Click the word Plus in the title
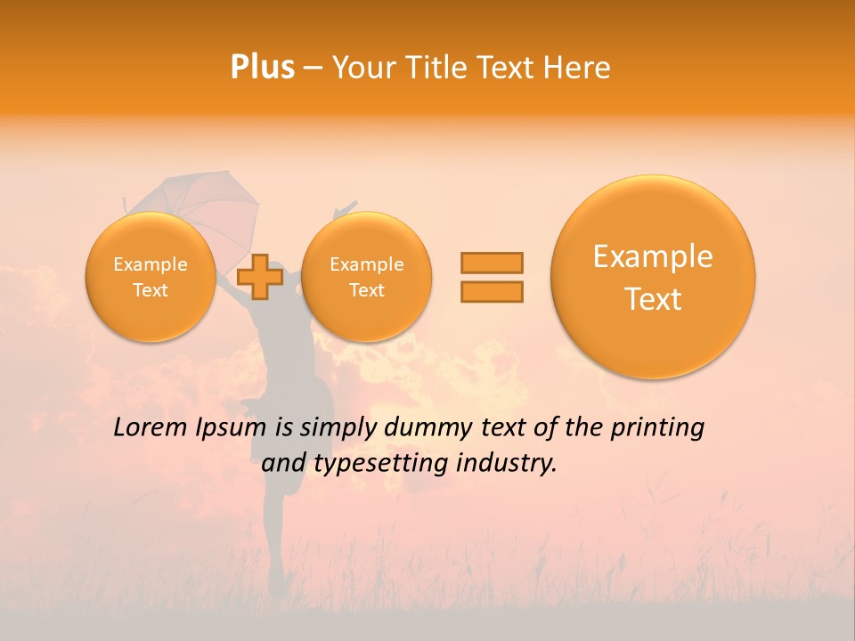point(263,68)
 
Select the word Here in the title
point(576,68)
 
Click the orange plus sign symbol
point(259,276)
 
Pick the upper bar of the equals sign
point(492,263)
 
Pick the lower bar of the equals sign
point(492,291)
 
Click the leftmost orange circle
point(150,277)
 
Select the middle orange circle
point(366,277)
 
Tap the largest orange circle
point(653,277)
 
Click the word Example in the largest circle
point(653,256)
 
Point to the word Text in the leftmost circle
point(150,290)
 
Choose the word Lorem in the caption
point(150,428)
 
